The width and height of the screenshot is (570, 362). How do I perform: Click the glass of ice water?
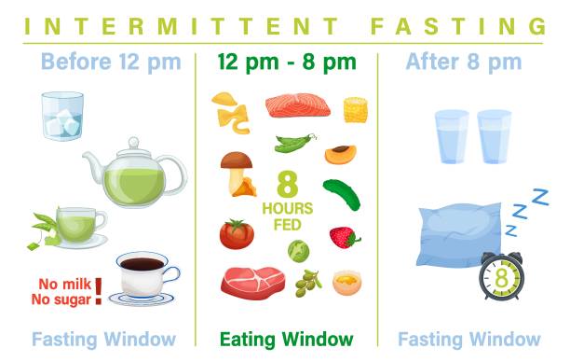62,116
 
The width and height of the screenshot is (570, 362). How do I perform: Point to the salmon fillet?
297,105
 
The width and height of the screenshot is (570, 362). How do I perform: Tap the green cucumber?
341,193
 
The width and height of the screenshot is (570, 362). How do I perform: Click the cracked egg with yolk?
346,280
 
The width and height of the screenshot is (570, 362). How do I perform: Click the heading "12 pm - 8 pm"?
286,63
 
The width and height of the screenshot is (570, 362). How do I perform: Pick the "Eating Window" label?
286,339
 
